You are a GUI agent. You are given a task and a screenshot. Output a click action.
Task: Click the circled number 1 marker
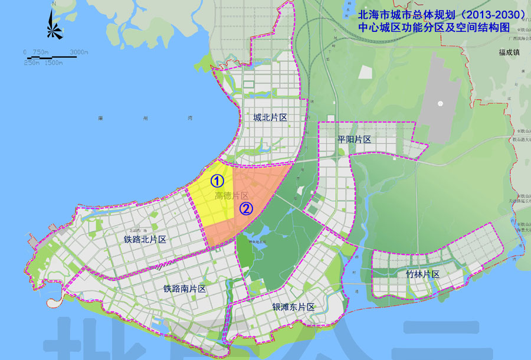point(217,180)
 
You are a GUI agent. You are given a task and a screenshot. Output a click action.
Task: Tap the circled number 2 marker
point(246,208)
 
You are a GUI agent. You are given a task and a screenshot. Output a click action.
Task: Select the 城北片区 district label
point(270,118)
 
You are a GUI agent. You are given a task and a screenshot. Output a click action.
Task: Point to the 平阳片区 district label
point(354,139)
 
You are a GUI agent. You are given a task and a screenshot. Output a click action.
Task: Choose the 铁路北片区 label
point(145,240)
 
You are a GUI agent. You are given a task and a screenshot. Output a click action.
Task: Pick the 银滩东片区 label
point(293,307)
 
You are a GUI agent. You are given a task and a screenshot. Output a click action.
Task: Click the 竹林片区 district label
point(423,274)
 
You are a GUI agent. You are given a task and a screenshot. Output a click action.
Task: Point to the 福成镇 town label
point(511,52)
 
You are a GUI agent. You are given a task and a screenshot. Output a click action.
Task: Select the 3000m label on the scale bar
point(78,53)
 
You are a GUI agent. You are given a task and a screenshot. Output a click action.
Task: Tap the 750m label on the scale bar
point(40,53)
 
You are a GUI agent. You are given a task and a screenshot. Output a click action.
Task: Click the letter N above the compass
point(54,5)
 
